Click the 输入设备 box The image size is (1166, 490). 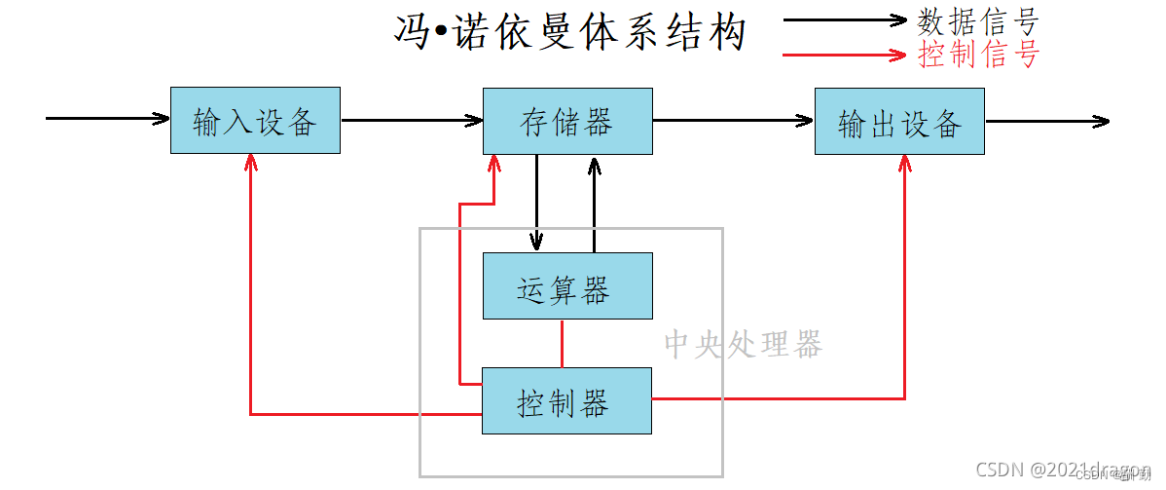(x=255, y=121)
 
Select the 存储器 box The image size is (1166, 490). (x=567, y=121)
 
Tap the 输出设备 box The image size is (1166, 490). (x=899, y=122)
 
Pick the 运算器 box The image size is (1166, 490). (x=567, y=286)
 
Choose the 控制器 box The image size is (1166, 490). (x=567, y=400)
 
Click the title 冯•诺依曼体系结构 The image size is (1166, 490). (x=569, y=32)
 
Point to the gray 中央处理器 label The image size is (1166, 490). (x=743, y=344)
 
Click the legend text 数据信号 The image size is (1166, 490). (x=978, y=20)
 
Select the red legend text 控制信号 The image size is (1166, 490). (x=978, y=54)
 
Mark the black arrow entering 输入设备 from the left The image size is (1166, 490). (x=107, y=119)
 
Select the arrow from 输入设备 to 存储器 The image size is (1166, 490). (x=412, y=121)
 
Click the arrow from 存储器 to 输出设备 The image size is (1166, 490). (x=733, y=121)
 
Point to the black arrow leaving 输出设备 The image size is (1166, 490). (x=1046, y=122)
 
